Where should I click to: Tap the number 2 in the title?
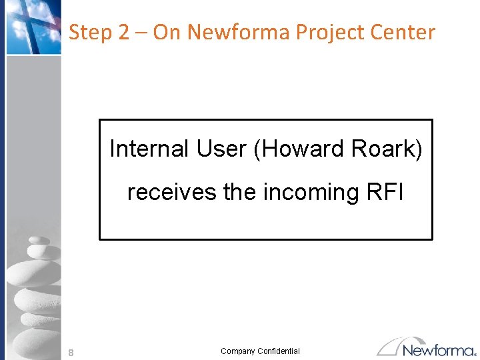[x=123, y=32]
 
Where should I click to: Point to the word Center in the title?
[x=405, y=32]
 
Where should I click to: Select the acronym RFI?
[x=386, y=192]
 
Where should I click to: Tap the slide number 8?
[x=71, y=351]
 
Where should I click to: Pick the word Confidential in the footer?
[x=279, y=351]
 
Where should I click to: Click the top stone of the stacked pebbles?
[x=39, y=241]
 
